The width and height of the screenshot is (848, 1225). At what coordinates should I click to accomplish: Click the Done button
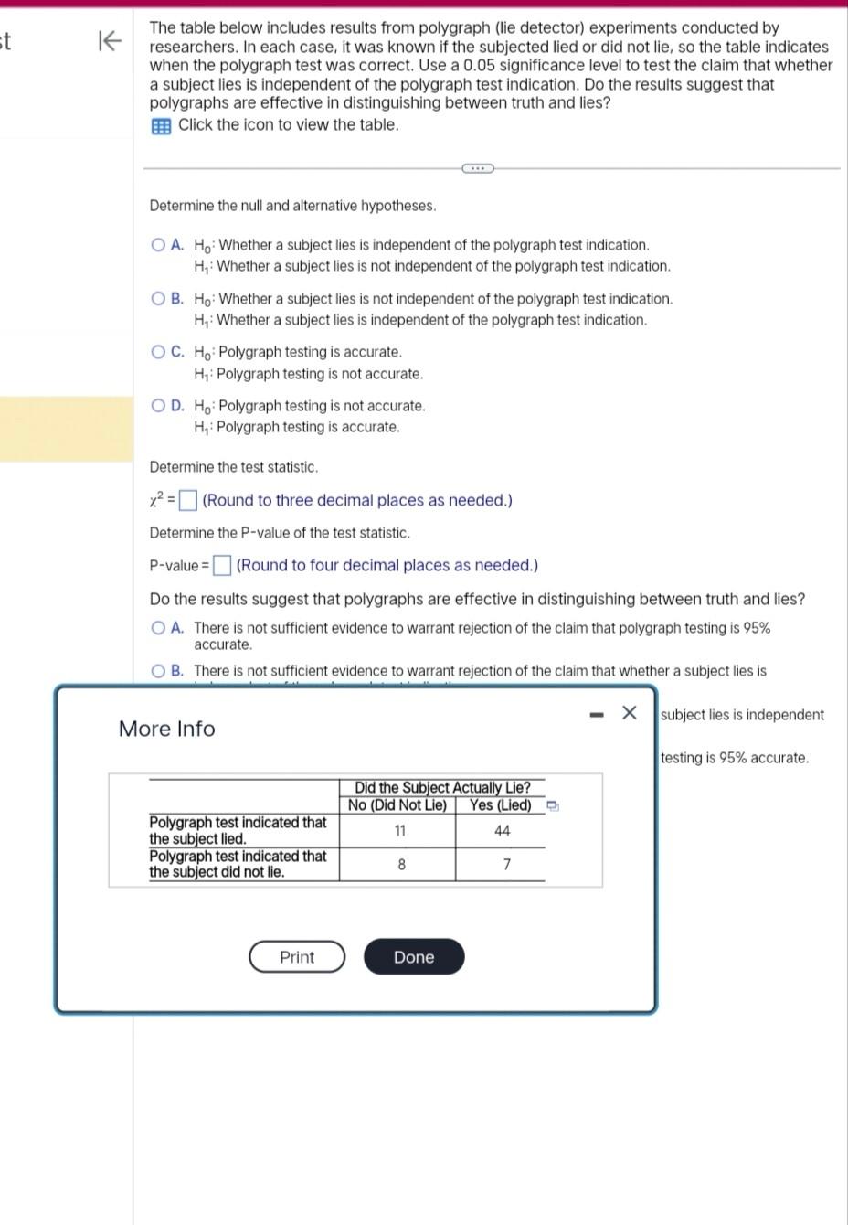click(x=413, y=957)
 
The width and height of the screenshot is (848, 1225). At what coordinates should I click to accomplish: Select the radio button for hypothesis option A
click(x=159, y=245)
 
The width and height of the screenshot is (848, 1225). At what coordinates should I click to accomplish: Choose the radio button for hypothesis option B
click(x=159, y=299)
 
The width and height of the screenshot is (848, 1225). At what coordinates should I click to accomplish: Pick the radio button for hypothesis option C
click(x=159, y=352)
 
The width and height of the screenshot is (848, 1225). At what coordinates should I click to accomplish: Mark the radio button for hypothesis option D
click(x=159, y=406)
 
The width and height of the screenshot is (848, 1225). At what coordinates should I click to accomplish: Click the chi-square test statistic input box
click(x=188, y=500)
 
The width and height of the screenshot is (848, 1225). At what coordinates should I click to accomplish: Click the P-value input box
click(x=222, y=566)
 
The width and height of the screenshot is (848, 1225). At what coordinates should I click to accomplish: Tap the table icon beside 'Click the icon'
click(x=161, y=126)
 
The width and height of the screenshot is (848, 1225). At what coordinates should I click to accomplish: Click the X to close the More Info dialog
click(x=629, y=713)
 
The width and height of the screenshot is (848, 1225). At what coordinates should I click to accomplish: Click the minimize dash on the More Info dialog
click(x=597, y=714)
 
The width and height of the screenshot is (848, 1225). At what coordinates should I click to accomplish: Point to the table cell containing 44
click(x=502, y=831)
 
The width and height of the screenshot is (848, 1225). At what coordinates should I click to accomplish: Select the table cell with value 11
click(x=399, y=831)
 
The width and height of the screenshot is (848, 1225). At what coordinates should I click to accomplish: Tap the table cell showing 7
click(x=506, y=865)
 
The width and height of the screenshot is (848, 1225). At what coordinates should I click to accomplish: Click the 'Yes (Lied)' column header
click(x=500, y=805)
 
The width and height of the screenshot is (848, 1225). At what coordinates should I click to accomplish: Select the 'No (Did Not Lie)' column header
click(x=397, y=805)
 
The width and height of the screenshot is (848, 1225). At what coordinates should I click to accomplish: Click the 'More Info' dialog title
click(x=167, y=729)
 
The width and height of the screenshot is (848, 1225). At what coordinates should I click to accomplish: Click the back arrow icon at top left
click(x=109, y=41)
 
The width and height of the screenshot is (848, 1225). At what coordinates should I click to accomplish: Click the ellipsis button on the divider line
click(x=477, y=168)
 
